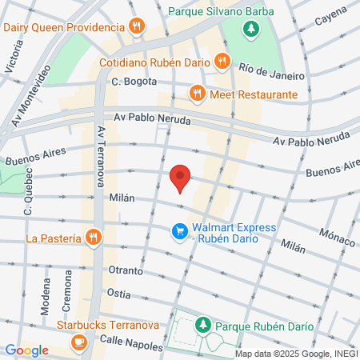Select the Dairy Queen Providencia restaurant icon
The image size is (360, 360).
(137, 26)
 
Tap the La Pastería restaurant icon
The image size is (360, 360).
(94, 238)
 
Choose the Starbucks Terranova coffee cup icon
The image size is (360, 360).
(78, 342)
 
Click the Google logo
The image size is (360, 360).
(26, 350)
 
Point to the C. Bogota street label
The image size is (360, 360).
(131, 82)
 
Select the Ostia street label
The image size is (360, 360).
(118, 294)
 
